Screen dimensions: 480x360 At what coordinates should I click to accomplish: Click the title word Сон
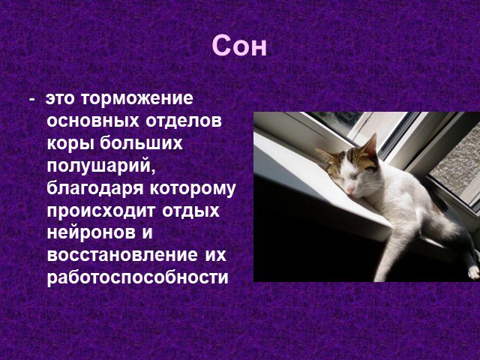pyautogui.click(x=239, y=46)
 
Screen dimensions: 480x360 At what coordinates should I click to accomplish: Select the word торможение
pyautogui.click(x=137, y=98)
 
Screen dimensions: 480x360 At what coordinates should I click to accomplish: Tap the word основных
pyautogui.click(x=93, y=121)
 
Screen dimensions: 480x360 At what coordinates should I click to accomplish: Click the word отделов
pyautogui.click(x=183, y=121)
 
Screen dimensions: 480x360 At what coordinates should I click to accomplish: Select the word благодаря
pyautogui.click(x=95, y=188)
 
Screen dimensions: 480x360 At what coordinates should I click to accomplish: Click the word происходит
pyautogui.click(x=102, y=211)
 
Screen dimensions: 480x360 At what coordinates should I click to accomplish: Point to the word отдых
pyautogui.click(x=190, y=211)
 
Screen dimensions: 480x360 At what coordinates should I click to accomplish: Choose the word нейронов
pyautogui.click(x=91, y=233)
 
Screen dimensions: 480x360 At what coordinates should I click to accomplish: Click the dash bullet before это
pyautogui.click(x=31, y=100)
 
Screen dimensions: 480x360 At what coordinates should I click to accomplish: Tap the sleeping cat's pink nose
pyautogui.click(x=349, y=192)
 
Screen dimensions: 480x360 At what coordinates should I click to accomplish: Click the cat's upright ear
pyautogui.click(x=370, y=146)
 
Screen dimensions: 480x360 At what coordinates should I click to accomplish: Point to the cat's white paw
pyautogui.click(x=473, y=272)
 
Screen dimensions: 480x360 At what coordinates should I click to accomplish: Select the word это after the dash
pyautogui.click(x=60, y=99)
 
